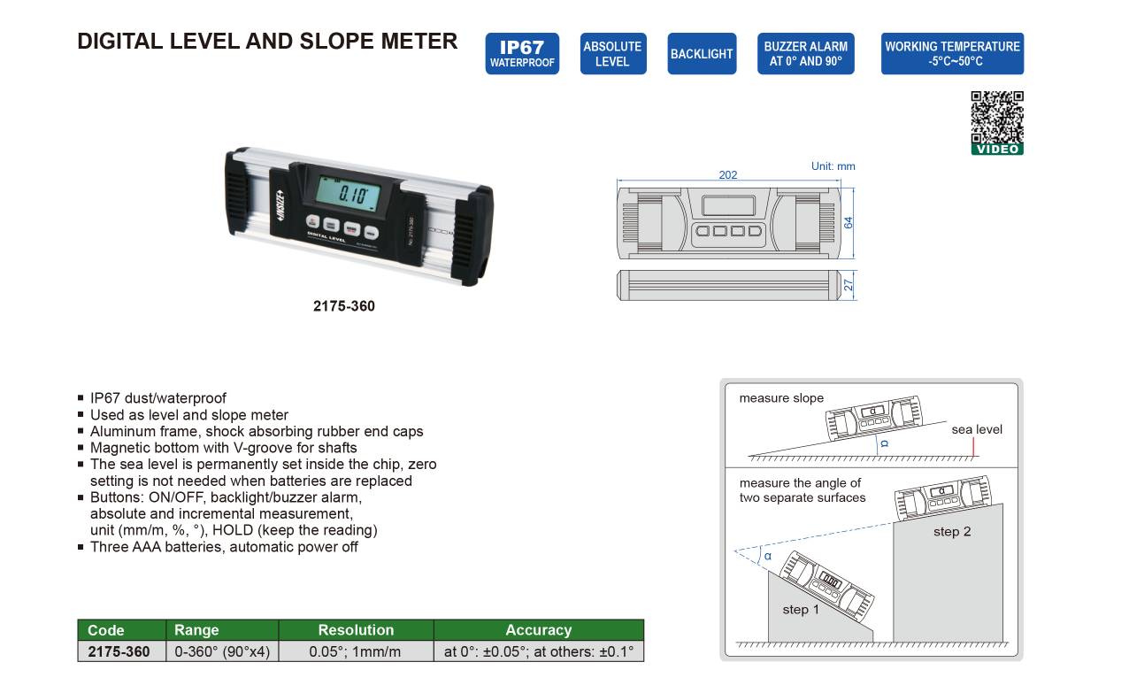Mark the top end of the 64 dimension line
(853, 189)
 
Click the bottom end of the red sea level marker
(974, 456)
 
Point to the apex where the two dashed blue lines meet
(735, 550)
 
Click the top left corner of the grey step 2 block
(894, 523)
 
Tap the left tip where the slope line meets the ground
(749, 456)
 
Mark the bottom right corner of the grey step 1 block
(873, 642)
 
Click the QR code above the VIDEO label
(997, 118)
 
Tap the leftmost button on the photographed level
(312, 221)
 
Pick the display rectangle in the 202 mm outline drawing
(728, 205)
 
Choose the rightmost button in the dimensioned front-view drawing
(755, 231)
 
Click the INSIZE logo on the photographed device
(281, 205)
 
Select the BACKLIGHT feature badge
(702, 53)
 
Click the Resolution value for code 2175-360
(356, 651)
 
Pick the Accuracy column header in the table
(538, 630)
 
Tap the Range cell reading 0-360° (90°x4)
(222, 651)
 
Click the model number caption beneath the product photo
(343, 306)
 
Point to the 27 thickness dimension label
(849, 285)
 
